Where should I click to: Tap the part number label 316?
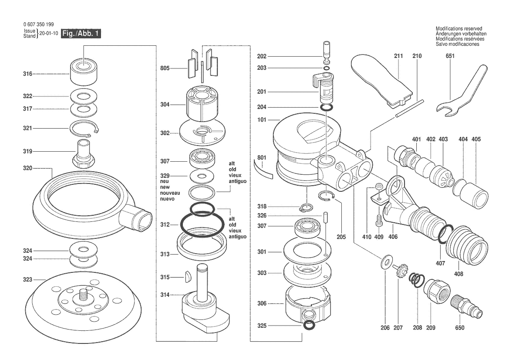[x=27, y=75]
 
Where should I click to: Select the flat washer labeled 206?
[x=385, y=262]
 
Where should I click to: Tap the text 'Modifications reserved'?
[x=459, y=29]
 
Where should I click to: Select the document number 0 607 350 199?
[x=38, y=24]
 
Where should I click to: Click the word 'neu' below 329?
[x=164, y=181]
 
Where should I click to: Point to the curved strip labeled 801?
[x=263, y=171]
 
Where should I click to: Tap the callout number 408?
[x=458, y=274]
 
